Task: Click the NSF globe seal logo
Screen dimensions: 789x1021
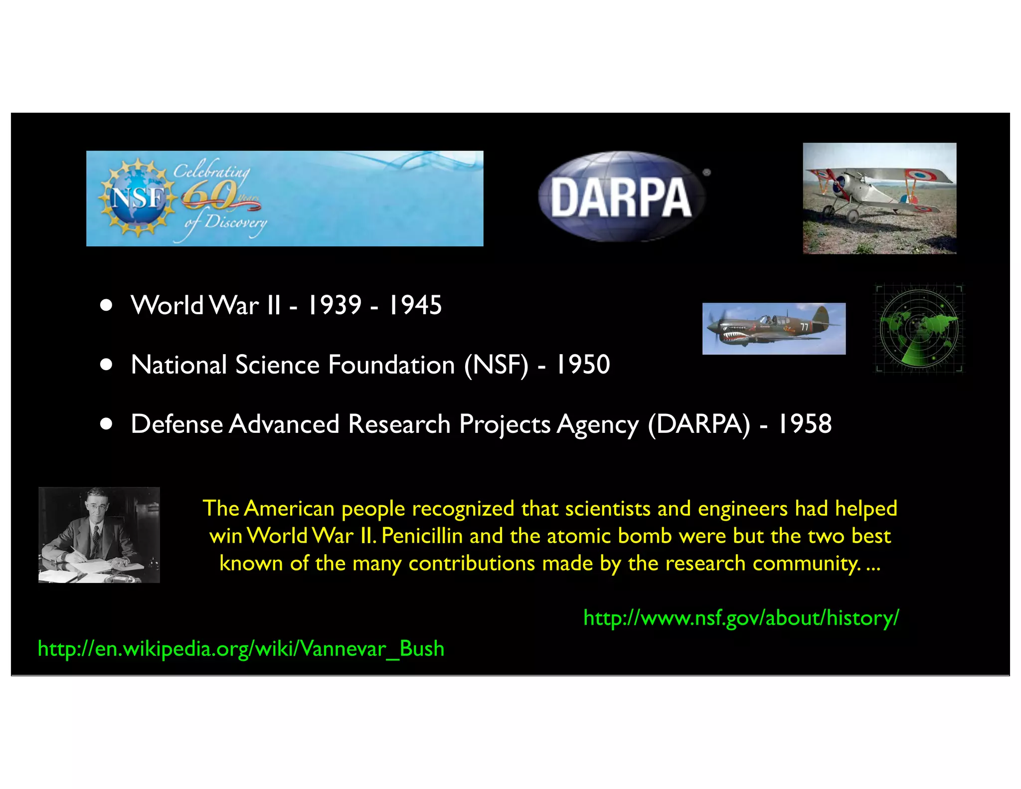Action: (137, 198)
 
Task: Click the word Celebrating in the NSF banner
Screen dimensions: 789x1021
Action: (211, 171)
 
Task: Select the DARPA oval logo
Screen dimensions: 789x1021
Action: (621, 197)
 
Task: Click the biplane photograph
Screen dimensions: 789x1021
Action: (879, 198)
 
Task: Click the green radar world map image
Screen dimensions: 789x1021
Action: (919, 329)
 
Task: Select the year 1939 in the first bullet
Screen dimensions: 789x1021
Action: (334, 305)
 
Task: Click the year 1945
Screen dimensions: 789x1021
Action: (414, 305)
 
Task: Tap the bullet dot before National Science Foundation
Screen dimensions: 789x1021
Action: (106, 365)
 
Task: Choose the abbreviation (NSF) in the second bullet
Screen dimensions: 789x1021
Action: (496, 365)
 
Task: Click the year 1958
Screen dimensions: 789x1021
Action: (804, 424)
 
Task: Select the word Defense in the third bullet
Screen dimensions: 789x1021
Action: (176, 424)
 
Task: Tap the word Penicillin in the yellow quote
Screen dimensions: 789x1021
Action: (422, 536)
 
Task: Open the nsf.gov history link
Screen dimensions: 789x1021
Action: (741, 617)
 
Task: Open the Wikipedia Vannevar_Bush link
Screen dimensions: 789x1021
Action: (241, 648)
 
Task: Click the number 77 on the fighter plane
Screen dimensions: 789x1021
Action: (804, 327)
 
